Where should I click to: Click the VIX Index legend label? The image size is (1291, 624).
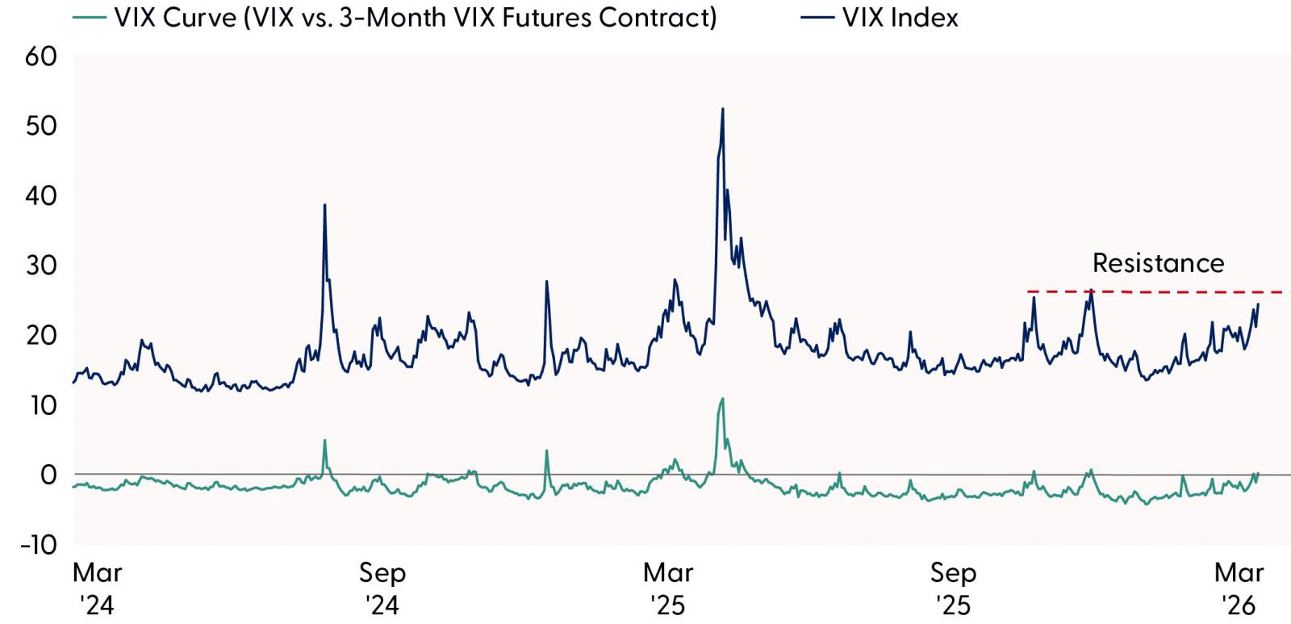900,18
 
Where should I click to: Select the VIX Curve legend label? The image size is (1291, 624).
415,18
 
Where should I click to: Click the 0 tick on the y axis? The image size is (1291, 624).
48,475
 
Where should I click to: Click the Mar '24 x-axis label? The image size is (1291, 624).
97,588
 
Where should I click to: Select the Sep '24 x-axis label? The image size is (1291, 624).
382,588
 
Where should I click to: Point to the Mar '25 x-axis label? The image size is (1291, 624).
668,588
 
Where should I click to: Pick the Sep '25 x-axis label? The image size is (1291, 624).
953,588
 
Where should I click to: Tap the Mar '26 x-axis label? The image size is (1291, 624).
1239,588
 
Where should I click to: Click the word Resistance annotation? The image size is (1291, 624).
1158,263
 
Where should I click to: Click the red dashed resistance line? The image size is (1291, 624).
1170,291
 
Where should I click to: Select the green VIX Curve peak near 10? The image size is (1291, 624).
722,399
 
